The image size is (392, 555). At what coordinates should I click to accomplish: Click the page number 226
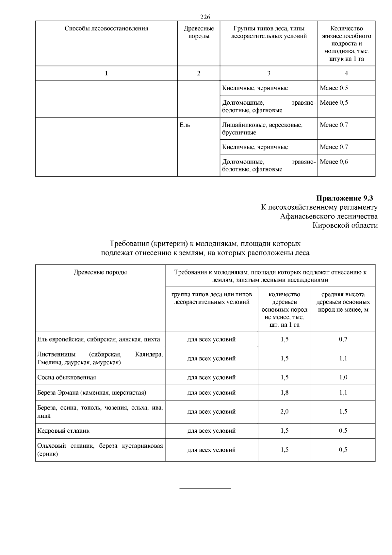[205, 17]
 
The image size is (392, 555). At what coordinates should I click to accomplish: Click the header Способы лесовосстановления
[106, 28]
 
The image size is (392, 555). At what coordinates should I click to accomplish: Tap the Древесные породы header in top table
[199, 32]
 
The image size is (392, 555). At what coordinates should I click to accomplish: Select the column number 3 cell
[269, 73]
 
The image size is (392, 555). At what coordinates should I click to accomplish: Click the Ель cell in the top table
[185, 125]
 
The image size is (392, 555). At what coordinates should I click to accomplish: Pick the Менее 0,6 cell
[334, 162]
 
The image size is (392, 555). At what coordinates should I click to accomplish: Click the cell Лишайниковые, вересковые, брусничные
[262, 129]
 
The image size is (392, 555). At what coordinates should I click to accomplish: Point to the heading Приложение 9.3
[344, 198]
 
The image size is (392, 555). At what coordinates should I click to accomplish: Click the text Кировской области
[345, 225]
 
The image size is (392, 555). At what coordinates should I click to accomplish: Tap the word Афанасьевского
[306, 217]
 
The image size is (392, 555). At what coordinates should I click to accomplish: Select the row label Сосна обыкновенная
[67, 377]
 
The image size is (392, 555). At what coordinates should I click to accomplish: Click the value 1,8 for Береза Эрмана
[284, 392]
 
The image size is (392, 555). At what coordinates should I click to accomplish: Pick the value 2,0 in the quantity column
[284, 411]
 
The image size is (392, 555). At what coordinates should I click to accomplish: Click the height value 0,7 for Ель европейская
[343, 339]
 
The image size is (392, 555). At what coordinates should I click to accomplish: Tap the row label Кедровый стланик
[63, 431]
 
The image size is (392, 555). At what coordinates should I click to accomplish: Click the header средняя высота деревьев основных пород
[343, 302]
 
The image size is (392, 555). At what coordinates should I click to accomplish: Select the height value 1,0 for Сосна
[343, 377]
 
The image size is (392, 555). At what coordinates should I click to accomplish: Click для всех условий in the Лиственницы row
[211, 358]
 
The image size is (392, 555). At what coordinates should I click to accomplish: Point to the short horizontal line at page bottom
[205, 489]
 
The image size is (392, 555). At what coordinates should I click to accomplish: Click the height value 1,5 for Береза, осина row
[343, 411]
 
